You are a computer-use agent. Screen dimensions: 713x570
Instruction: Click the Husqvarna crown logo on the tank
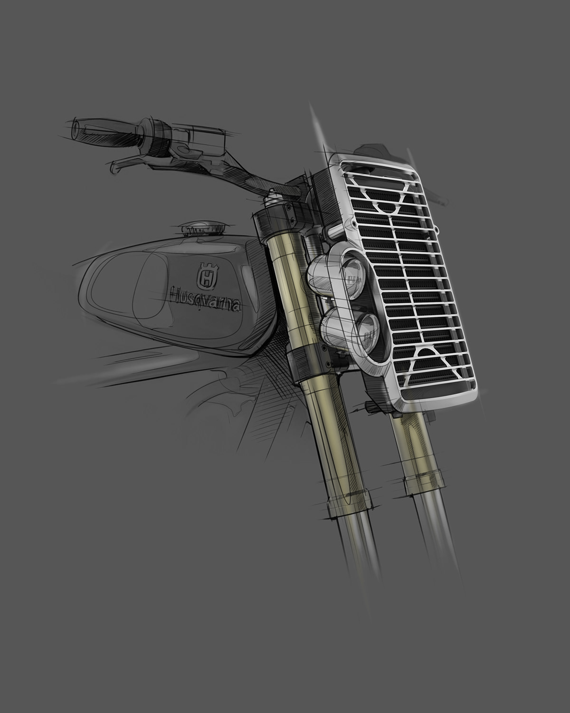tap(206, 276)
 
